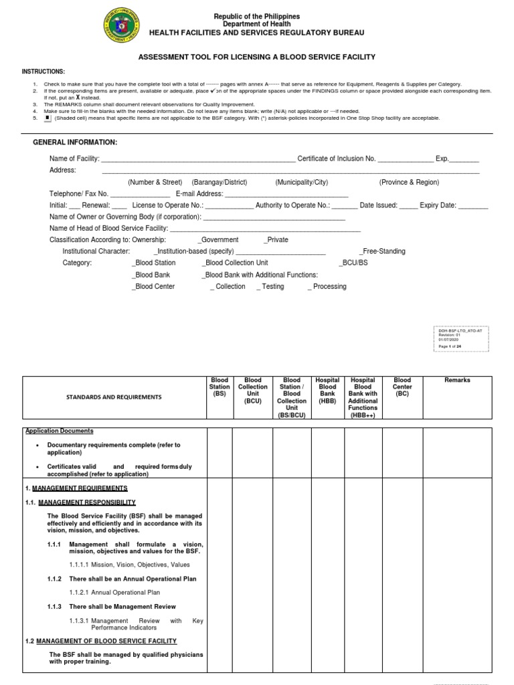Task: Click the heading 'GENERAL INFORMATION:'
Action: pyautogui.click(x=75, y=142)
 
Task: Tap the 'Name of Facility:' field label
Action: pyautogui.click(x=74, y=159)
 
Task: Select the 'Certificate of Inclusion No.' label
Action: pyautogui.click(x=336, y=159)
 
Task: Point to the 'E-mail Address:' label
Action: pyautogui.click(x=199, y=193)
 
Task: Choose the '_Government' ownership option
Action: pyautogui.click(x=218, y=239)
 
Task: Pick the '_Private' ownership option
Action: pyautogui.click(x=276, y=239)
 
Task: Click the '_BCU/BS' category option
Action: pyautogui.click(x=353, y=263)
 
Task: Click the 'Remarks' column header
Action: pyautogui.click(x=457, y=380)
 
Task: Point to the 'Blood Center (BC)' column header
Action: pyautogui.click(x=402, y=387)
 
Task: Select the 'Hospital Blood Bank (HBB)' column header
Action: pyautogui.click(x=327, y=391)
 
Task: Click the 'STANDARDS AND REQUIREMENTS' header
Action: pyautogui.click(x=114, y=397)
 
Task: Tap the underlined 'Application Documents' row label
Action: pyautogui.click(x=59, y=431)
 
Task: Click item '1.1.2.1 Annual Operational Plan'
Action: pyautogui.click(x=114, y=593)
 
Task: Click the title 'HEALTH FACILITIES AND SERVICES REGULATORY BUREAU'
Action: pyautogui.click(x=256, y=32)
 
